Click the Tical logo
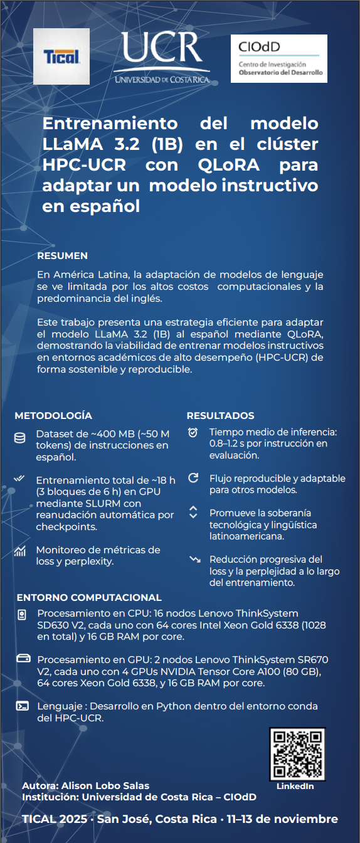[x=61, y=56]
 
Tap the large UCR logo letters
[x=162, y=50]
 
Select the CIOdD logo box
[x=279, y=58]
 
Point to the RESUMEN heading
[x=63, y=256]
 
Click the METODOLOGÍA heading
[x=53, y=415]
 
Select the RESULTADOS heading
[x=220, y=415]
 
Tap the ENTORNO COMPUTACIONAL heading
[x=89, y=597]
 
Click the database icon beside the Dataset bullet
[x=20, y=438]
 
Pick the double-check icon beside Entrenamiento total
[x=20, y=480]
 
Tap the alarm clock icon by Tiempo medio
[x=193, y=432]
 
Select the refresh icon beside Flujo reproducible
[x=193, y=477]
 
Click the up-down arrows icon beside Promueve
[x=193, y=512]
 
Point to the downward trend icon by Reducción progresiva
[x=194, y=559]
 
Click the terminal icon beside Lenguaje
[x=23, y=706]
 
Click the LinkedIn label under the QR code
[x=295, y=786]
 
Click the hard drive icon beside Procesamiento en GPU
[x=23, y=659]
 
